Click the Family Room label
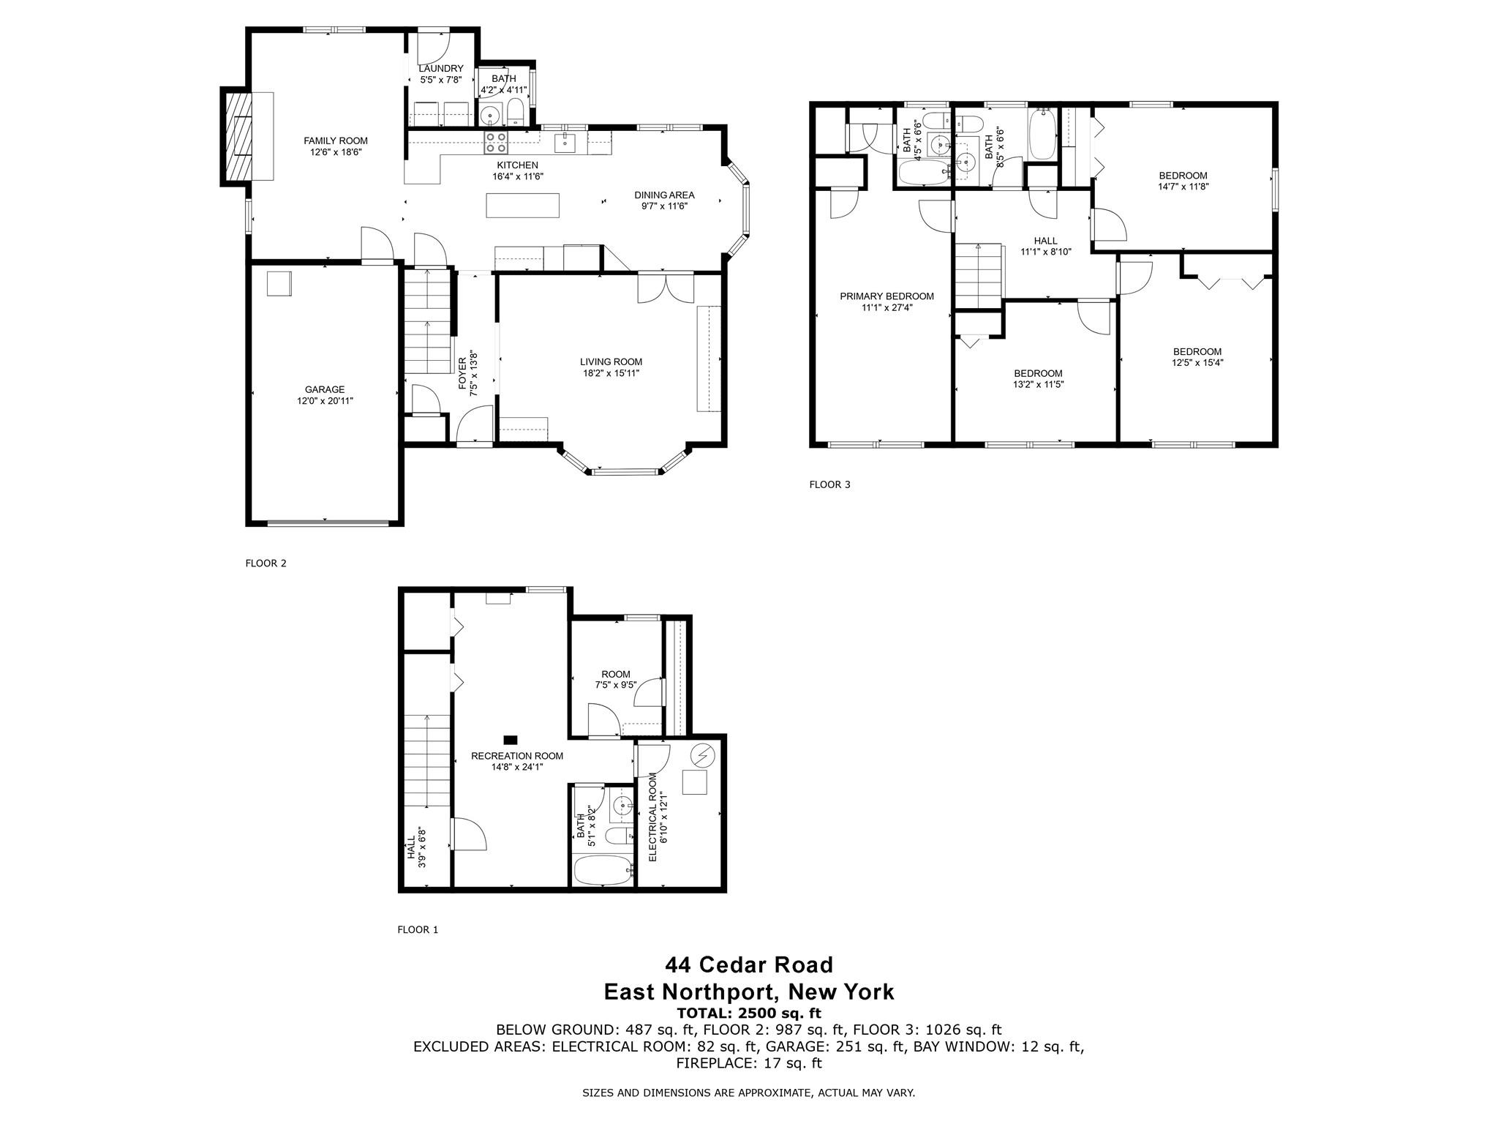coord(336,141)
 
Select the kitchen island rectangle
coord(523,205)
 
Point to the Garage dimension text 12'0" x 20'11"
coord(325,400)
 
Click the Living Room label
coord(611,361)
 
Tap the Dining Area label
coord(664,195)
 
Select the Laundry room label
coord(441,69)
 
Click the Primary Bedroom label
coord(887,296)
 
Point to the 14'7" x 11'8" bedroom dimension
coord(1183,186)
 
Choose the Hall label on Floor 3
coord(1045,241)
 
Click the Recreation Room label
coord(517,756)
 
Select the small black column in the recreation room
coord(511,740)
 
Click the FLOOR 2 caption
coord(266,563)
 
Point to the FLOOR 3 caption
coord(829,484)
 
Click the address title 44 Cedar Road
coord(749,965)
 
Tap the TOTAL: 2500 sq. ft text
coord(749,1014)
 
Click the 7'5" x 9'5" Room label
coord(615,680)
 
